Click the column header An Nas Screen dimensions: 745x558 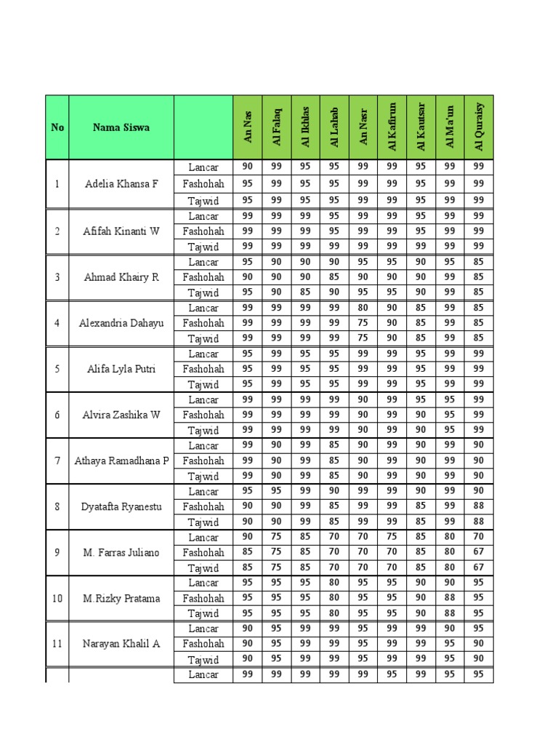tap(248, 127)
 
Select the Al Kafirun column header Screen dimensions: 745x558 tap(392, 127)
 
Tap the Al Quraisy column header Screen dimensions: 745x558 tap(479, 127)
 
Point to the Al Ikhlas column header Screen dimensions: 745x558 tap(305, 127)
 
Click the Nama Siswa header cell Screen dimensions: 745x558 tap(121, 127)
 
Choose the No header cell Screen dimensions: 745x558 tap(57, 127)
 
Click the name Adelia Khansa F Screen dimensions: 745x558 tap(121, 184)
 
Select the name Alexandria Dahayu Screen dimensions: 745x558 tap(121, 322)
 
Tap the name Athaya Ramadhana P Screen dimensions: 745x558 tap(121, 461)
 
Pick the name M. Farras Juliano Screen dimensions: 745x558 tap(121, 552)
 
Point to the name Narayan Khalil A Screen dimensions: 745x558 tap(121, 644)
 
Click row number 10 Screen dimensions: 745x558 tap(57, 598)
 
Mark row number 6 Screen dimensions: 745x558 tap(57, 415)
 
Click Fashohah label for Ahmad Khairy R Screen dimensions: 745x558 tap(203, 277)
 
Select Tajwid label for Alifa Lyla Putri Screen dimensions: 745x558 tap(203, 385)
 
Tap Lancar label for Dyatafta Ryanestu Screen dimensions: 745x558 tap(203, 492)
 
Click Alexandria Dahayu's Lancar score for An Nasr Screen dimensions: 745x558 tap(363, 308)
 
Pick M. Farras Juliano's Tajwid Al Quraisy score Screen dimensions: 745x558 tap(479, 567)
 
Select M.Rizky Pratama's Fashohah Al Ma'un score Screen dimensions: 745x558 tap(450, 598)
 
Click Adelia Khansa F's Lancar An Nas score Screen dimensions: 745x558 tap(248, 167)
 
